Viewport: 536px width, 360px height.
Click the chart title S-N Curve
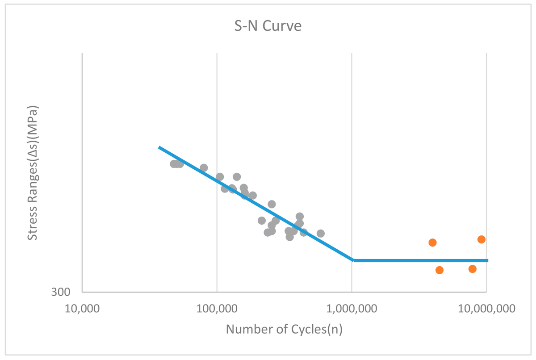(268, 26)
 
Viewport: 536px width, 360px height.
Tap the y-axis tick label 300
(61, 292)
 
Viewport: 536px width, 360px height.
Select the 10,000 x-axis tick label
(82, 309)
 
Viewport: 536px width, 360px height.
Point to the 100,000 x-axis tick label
(217, 309)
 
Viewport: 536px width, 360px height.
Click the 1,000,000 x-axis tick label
(352, 309)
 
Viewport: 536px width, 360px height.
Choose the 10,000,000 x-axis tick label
(486, 309)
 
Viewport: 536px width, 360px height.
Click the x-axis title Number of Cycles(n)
(284, 329)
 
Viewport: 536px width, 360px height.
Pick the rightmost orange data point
(482, 239)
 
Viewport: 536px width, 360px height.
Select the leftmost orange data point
(432, 243)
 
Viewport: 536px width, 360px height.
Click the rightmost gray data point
(321, 234)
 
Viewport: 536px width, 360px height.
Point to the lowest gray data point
(289, 237)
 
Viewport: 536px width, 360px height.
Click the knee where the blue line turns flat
(353, 260)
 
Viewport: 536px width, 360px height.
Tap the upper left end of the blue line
(159, 147)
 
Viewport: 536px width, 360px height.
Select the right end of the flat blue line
(488, 260)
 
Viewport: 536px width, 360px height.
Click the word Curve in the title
(282, 26)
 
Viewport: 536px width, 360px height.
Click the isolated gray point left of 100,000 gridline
(204, 167)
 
